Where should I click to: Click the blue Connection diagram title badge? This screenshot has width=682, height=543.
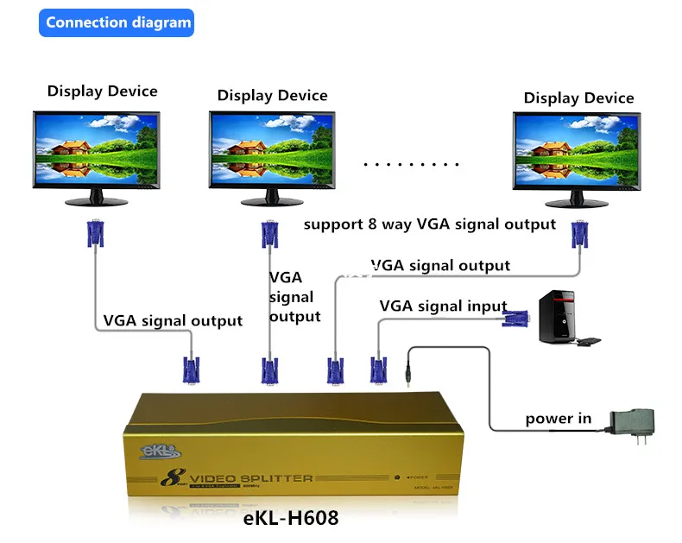117,22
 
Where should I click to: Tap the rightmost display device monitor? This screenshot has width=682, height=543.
578,155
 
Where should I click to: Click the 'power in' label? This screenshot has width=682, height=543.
559,419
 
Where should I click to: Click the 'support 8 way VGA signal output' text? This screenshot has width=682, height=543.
429,224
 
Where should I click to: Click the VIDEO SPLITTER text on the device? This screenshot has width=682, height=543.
251,478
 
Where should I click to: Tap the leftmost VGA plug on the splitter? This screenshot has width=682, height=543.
190,369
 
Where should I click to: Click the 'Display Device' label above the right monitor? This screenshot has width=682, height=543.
578,98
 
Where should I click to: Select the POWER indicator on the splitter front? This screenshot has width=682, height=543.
398,476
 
